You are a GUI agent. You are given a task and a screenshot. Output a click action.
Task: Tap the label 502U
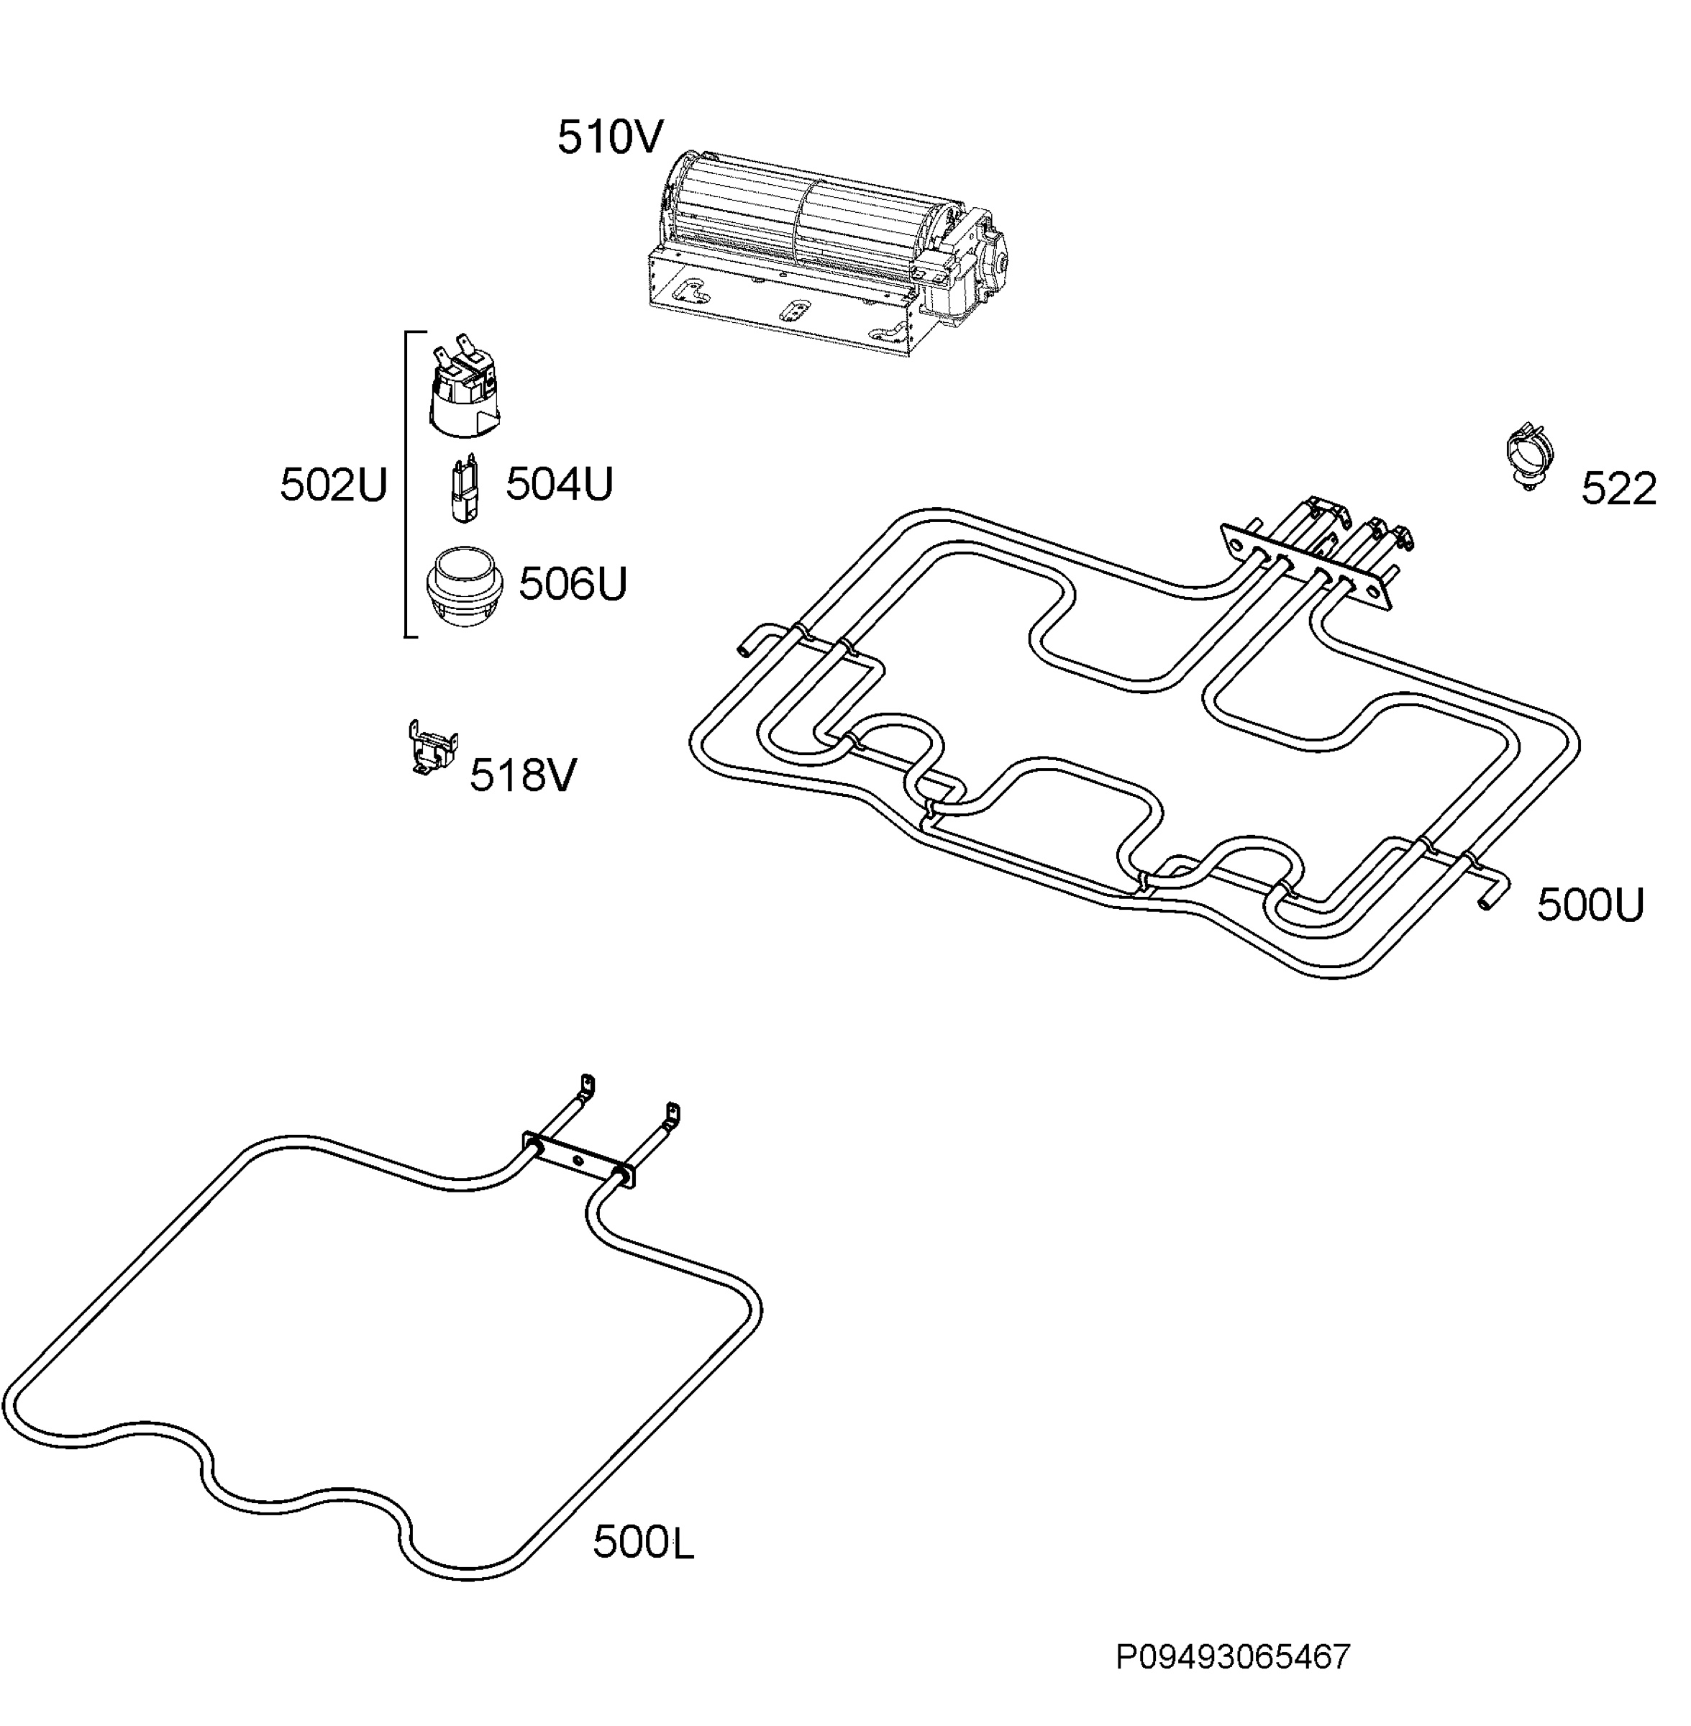coord(334,485)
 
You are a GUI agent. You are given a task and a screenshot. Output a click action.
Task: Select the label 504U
coord(560,484)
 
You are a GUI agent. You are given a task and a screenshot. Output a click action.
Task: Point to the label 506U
coord(573,583)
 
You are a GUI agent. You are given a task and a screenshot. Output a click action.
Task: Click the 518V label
coord(523,775)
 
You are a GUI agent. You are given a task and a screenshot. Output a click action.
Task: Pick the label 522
coord(1618,489)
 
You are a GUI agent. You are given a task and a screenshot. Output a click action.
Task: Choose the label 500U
coord(1590,905)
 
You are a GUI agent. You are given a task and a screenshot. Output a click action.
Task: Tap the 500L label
coord(643,1542)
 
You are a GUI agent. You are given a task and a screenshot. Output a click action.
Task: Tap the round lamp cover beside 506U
coord(465,584)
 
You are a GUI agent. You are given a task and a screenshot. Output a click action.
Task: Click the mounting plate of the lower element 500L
coord(579,1161)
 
